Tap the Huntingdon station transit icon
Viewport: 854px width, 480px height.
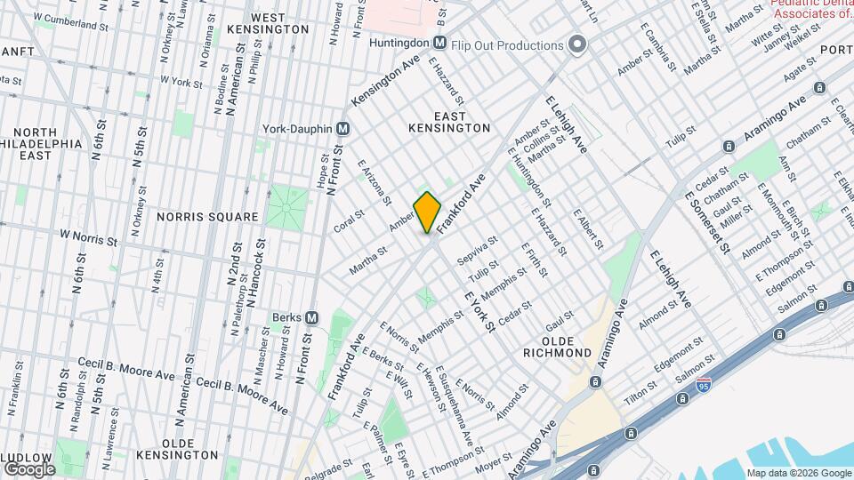(439, 44)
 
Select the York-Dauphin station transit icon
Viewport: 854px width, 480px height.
(342, 128)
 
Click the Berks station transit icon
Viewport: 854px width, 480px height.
(311, 317)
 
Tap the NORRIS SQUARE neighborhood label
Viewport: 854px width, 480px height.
(207, 217)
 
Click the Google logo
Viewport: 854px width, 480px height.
(28, 468)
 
